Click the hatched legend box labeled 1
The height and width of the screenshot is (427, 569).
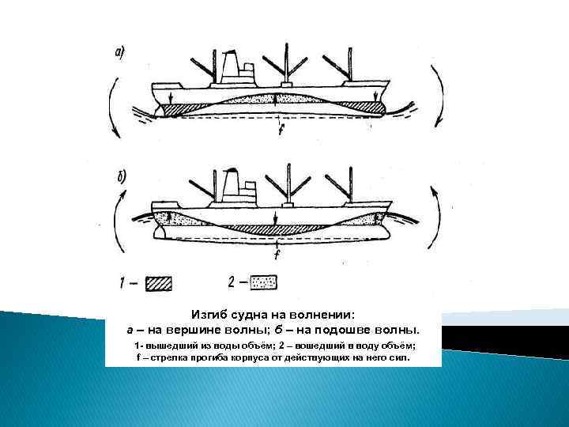click(159, 284)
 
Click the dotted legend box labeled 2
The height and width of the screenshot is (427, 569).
click(264, 282)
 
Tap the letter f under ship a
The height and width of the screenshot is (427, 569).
click(281, 130)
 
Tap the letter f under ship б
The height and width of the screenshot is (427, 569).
click(277, 254)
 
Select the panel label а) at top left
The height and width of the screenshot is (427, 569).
click(120, 54)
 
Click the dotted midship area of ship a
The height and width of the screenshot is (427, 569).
click(276, 99)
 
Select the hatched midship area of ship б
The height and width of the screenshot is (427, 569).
click(275, 229)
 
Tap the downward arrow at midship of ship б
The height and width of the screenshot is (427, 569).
click(275, 218)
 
